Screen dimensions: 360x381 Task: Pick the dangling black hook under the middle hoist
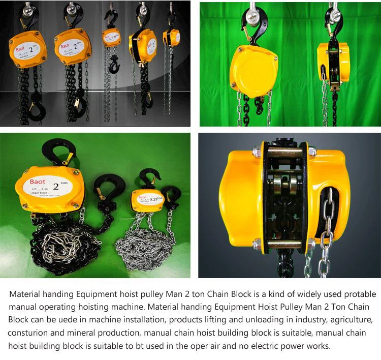click(113, 65)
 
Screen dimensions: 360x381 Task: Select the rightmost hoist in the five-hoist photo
click(171, 37)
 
